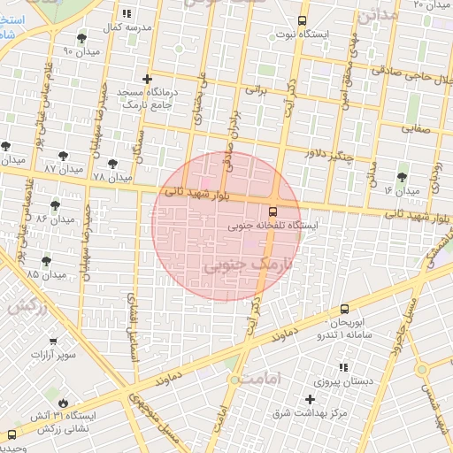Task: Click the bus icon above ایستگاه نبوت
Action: pos(303,20)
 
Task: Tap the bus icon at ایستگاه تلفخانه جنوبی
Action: pos(273,211)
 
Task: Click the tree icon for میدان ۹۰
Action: pos(82,38)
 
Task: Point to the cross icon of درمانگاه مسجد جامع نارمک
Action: pos(147,80)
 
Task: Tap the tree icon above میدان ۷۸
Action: pos(112,163)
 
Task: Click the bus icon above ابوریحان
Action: pos(344,309)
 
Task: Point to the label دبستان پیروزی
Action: pos(363,381)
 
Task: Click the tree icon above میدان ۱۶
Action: pos(403,177)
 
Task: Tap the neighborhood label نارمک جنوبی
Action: pos(247,265)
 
